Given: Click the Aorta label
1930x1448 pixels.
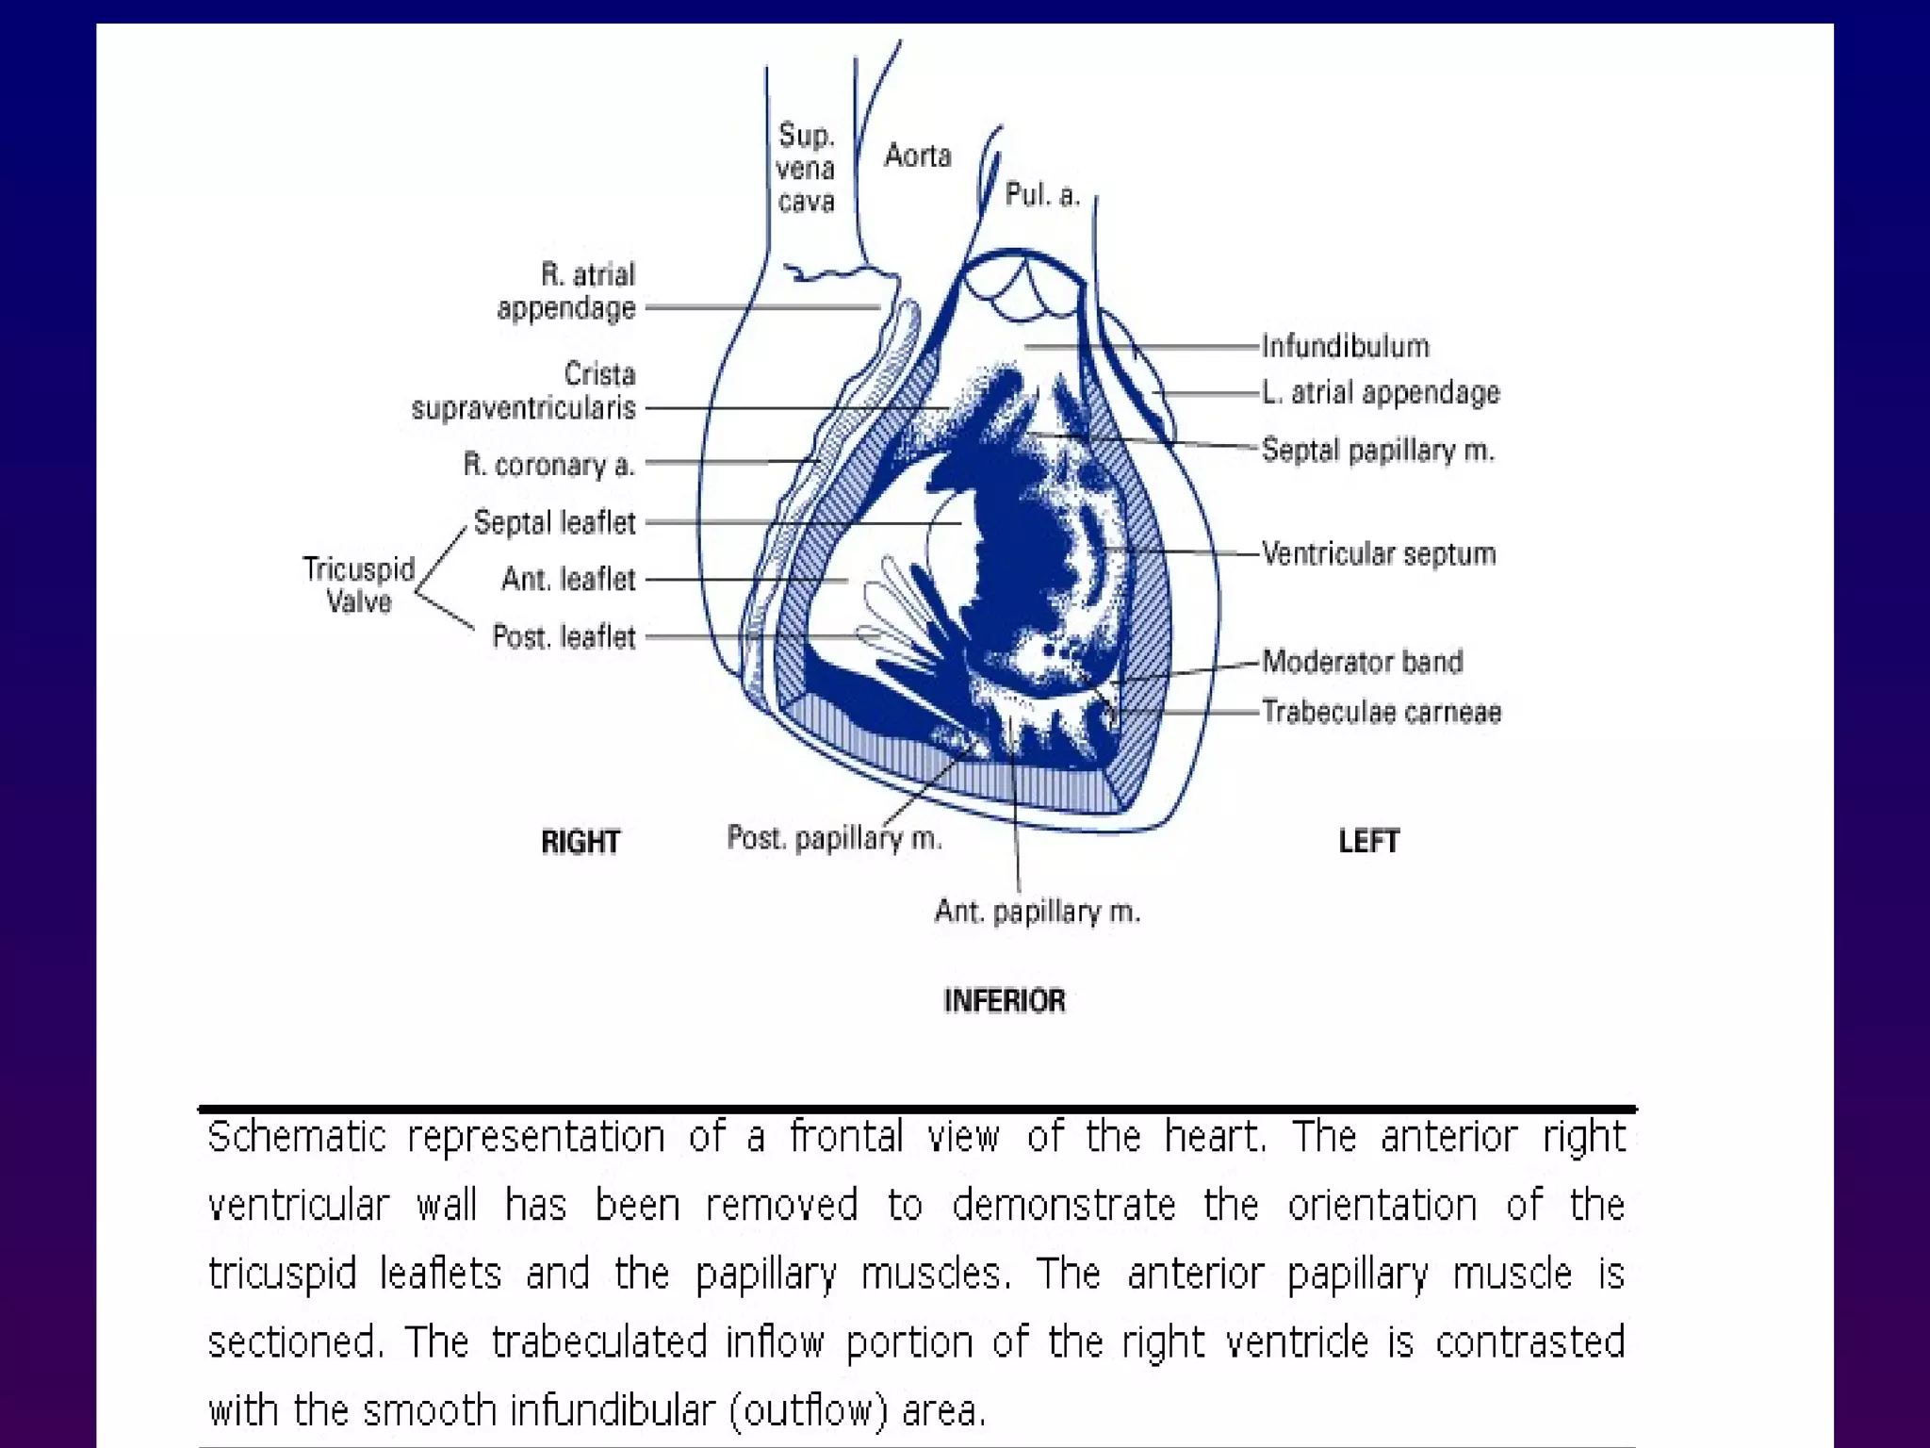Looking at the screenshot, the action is tap(917, 155).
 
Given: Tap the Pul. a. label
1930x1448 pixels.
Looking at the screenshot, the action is tap(1041, 194).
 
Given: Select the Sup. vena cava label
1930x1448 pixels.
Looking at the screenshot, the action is tap(806, 168).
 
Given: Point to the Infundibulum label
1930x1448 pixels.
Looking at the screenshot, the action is tap(1345, 346).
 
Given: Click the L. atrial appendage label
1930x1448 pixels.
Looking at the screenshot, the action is tap(1381, 392).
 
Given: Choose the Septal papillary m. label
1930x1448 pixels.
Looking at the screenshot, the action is tap(1378, 450).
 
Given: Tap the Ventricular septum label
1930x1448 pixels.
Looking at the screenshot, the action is tap(1379, 553).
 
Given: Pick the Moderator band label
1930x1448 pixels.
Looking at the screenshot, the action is tap(1363, 662).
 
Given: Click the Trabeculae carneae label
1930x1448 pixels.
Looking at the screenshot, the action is tap(1382, 712).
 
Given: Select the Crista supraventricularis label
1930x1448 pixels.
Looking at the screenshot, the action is tap(524, 391).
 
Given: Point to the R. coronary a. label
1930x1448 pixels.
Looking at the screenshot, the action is tap(548, 465).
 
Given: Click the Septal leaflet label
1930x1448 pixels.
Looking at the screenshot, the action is tap(554, 522).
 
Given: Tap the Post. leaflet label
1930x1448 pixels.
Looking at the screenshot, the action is tap(564, 637).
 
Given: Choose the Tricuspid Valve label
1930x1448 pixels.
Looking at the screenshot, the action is tap(358, 584).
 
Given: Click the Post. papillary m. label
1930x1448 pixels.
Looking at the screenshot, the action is tap(834, 838).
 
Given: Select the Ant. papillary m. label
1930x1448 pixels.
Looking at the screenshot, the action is tap(1037, 912).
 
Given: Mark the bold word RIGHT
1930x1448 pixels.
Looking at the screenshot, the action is tap(581, 842).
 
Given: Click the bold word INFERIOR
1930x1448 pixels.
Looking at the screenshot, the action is tap(1005, 1000).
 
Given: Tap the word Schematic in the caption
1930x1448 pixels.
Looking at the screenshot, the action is tap(297, 1137).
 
